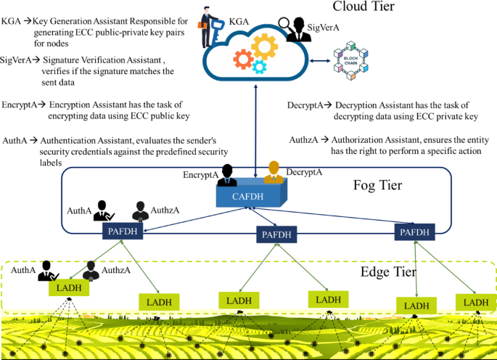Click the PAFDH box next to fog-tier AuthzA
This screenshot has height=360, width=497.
[x=123, y=232]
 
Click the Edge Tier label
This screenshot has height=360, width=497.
[x=388, y=273]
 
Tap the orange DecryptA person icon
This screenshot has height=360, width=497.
[x=274, y=172]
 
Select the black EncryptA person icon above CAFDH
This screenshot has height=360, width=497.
[x=227, y=175]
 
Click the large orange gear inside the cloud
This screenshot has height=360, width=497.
[x=263, y=48]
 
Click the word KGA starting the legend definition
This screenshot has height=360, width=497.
[x=12, y=22]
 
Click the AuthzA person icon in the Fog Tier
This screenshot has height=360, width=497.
[x=141, y=210]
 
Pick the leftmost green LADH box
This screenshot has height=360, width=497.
[x=68, y=288]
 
